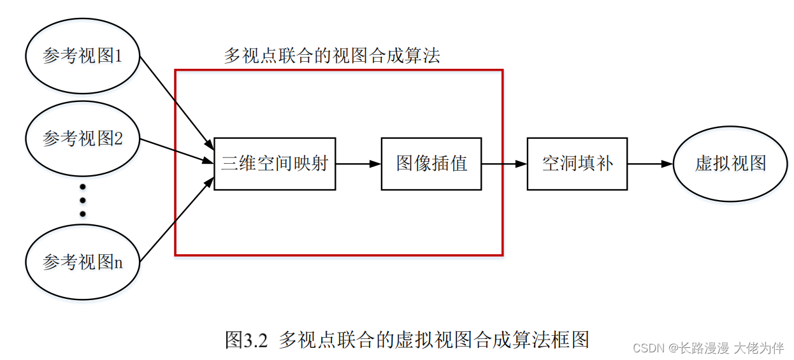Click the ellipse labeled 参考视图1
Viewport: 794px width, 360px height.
pyautogui.click(x=82, y=56)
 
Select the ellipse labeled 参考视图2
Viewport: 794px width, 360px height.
pyautogui.click(x=82, y=138)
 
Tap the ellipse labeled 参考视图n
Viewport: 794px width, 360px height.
pyautogui.click(x=82, y=261)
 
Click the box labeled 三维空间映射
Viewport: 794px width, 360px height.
pyautogui.click(x=275, y=164)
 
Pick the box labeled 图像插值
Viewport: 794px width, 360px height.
pyautogui.click(x=431, y=164)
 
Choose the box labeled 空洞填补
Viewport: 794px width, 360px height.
pyautogui.click(x=577, y=164)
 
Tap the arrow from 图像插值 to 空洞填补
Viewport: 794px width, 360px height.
pyautogui.click(x=504, y=164)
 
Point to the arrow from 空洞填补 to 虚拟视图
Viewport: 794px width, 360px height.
pyautogui.click(x=650, y=164)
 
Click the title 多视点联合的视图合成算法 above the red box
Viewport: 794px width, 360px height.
pyautogui.click(x=331, y=56)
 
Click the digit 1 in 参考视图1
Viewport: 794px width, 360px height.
pyautogui.click(x=118, y=57)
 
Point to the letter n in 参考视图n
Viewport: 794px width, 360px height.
pyautogui.click(x=118, y=262)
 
